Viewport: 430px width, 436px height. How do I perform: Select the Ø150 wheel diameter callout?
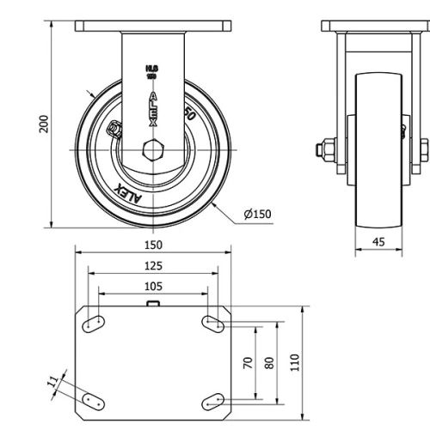click(257, 214)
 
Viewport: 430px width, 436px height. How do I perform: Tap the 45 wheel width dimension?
click(378, 241)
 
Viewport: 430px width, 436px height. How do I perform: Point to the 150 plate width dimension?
click(153, 245)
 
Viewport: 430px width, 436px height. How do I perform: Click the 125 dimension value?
click(153, 266)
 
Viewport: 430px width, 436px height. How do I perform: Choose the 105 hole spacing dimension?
click(153, 286)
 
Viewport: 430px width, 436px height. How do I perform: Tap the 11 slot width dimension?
click(53, 380)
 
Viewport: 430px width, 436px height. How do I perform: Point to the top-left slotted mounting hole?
click(95, 324)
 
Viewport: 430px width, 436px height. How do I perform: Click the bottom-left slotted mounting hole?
click(95, 401)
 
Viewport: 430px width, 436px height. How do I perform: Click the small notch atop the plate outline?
click(153, 303)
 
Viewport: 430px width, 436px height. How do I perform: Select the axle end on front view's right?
click(424, 149)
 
